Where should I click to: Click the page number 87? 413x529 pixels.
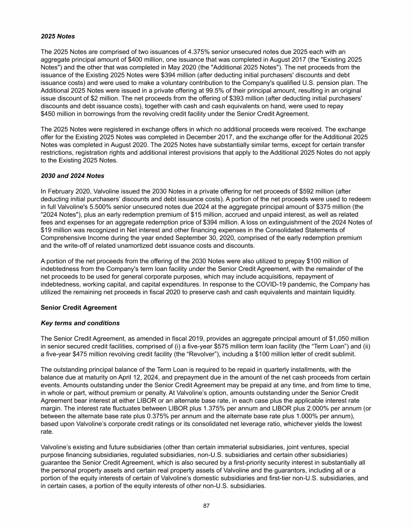coord(206,506)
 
